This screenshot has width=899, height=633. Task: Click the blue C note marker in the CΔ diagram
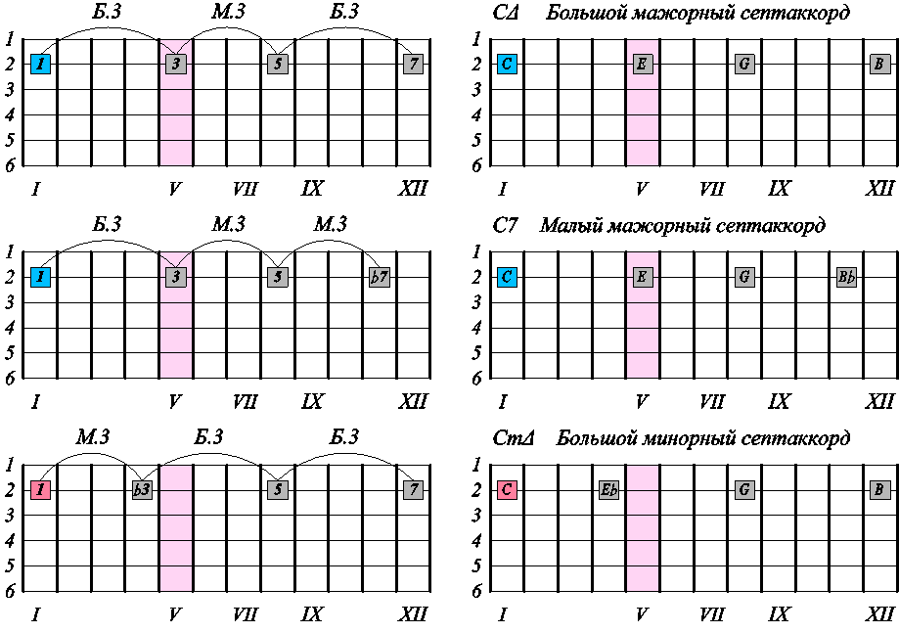point(507,65)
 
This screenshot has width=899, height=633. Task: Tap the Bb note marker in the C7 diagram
point(847,277)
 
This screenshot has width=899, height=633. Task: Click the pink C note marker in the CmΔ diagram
point(507,489)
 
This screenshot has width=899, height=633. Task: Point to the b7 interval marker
point(380,277)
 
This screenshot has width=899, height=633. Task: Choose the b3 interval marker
point(142,489)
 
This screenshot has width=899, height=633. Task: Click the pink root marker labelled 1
point(40,489)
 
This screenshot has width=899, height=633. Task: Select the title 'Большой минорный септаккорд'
point(703,438)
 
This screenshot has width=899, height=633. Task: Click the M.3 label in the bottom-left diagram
point(91,437)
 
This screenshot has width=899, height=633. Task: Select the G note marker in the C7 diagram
point(745,277)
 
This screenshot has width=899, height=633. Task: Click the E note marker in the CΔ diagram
point(643,65)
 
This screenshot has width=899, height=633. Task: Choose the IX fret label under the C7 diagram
point(779,402)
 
